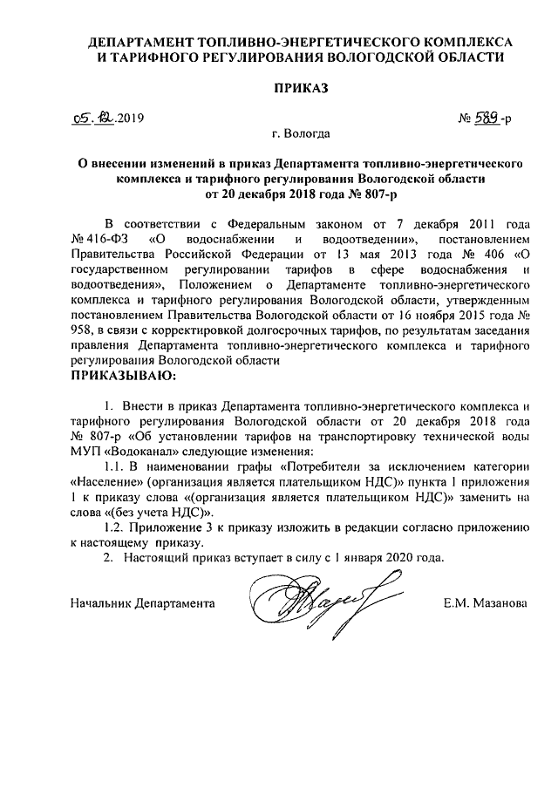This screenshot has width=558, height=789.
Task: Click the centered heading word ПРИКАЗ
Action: (x=300, y=88)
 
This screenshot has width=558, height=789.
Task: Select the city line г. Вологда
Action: (x=300, y=134)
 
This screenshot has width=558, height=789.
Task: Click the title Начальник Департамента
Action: (x=141, y=602)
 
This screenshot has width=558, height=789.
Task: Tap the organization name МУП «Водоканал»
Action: (x=118, y=452)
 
